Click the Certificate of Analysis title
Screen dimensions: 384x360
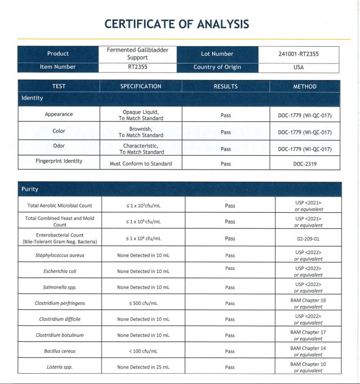click(x=177, y=24)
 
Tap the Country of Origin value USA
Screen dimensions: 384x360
click(x=298, y=67)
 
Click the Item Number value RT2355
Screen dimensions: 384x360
click(x=137, y=67)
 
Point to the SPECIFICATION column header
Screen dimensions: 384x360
click(x=141, y=86)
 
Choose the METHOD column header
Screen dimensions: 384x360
click(x=305, y=86)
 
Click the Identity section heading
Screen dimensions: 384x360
click(x=32, y=98)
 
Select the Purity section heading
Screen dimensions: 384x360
click(x=30, y=189)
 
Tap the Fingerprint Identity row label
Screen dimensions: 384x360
click(x=59, y=161)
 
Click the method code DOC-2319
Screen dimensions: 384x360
click(x=305, y=164)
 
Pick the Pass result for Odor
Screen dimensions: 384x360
click(x=226, y=149)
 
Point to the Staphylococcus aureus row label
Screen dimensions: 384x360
click(x=60, y=255)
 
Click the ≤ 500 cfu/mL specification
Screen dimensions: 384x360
click(x=143, y=303)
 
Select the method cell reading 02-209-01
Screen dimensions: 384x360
click(x=308, y=239)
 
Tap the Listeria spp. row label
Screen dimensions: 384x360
click(x=60, y=367)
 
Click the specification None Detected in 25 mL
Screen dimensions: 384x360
click(x=143, y=367)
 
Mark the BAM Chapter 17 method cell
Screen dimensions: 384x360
click(x=308, y=335)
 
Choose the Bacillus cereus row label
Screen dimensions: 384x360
click(x=60, y=351)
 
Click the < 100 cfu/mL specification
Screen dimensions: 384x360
click(x=143, y=351)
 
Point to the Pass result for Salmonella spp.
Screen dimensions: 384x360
click(x=230, y=287)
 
